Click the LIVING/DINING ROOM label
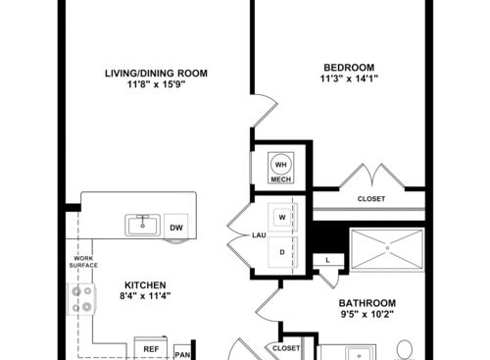pos(163,72)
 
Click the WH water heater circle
pos(281,164)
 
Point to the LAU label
pos(234,235)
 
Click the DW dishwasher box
pos(176,228)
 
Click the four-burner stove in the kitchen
pos(79,298)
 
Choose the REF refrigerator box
pos(151,348)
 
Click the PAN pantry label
pos(182,352)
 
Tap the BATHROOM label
pos(367,303)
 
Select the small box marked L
pos(326,259)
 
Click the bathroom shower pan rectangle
pos(386,250)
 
